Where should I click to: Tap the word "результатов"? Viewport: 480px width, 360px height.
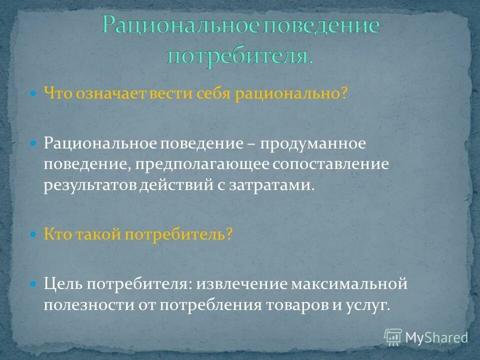(x=90, y=185)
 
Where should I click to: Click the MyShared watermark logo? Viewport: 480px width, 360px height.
(x=425, y=337)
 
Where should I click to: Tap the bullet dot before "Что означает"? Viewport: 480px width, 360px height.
(x=33, y=93)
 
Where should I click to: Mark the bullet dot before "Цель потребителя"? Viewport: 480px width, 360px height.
(x=33, y=284)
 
